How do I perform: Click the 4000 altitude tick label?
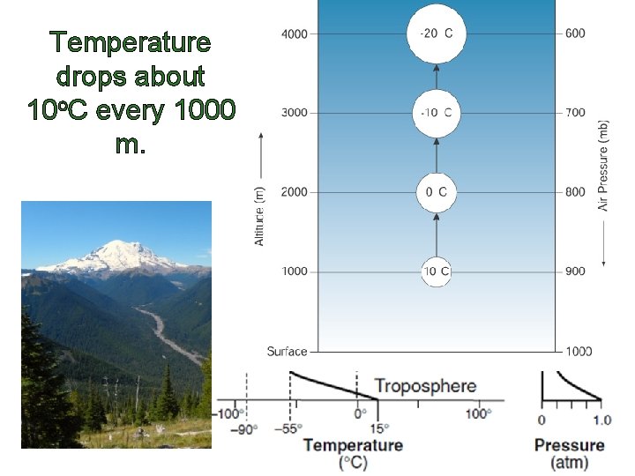(x=295, y=34)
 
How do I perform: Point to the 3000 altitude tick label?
(x=295, y=113)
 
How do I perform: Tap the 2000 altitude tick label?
(x=295, y=192)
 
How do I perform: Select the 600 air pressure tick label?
(x=575, y=33)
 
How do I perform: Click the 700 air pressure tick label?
(x=575, y=113)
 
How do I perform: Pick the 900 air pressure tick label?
(x=575, y=271)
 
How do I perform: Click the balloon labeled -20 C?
(x=436, y=33)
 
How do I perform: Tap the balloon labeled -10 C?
(x=436, y=113)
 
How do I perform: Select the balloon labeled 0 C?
(x=436, y=192)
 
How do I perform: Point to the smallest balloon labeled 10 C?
(x=436, y=271)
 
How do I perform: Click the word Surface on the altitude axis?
(x=288, y=351)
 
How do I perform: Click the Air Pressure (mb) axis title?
(x=604, y=166)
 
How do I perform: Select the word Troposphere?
(x=425, y=386)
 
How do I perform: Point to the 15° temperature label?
(x=377, y=428)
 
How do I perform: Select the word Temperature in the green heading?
(x=131, y=42)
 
